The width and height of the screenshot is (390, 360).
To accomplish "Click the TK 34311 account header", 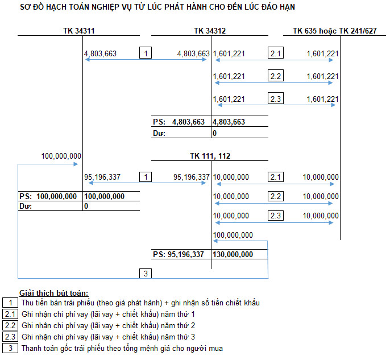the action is click(79, 31).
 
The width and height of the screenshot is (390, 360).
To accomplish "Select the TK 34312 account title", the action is click(210, 31).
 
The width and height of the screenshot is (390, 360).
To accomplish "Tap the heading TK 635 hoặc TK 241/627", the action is click(334, 31).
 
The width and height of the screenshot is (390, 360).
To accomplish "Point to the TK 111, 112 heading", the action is click(210, 156).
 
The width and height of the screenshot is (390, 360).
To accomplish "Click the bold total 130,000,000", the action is click(233, 254).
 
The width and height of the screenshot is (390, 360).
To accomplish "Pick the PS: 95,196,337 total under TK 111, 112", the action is click(179, 254).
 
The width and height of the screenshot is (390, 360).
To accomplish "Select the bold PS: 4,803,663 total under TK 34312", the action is click(179, 122).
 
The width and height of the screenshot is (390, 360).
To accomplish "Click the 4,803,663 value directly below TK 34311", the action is click(100, 53).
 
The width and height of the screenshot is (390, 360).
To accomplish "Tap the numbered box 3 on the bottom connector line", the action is click(146, 274).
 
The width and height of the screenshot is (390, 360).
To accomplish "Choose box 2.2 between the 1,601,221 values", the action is click(276, 76).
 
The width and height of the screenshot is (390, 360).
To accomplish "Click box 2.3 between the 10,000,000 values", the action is click(276, 216).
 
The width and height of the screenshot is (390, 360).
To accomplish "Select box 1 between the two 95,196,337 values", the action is click(146, 177).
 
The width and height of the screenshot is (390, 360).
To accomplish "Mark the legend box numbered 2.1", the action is click(10, 315).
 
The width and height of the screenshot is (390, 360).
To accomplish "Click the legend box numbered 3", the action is click(10, 348).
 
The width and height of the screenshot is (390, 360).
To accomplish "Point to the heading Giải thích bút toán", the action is click(53, 293).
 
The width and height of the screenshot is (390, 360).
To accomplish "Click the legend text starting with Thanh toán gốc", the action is click(122, 348).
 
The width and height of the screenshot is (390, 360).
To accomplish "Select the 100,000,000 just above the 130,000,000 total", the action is click(233, 235).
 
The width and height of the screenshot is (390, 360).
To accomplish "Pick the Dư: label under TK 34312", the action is click(159, 133).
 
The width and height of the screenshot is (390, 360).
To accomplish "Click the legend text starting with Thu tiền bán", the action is click(140, 303).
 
